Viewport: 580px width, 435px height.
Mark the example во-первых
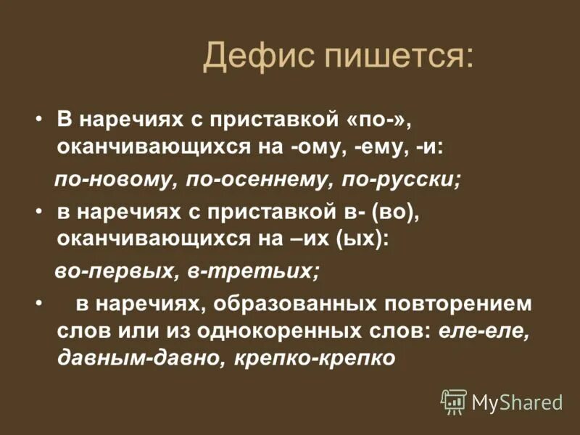point(106,272)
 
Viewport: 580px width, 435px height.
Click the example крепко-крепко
point(315,358)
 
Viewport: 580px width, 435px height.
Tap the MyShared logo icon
point(454,401)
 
